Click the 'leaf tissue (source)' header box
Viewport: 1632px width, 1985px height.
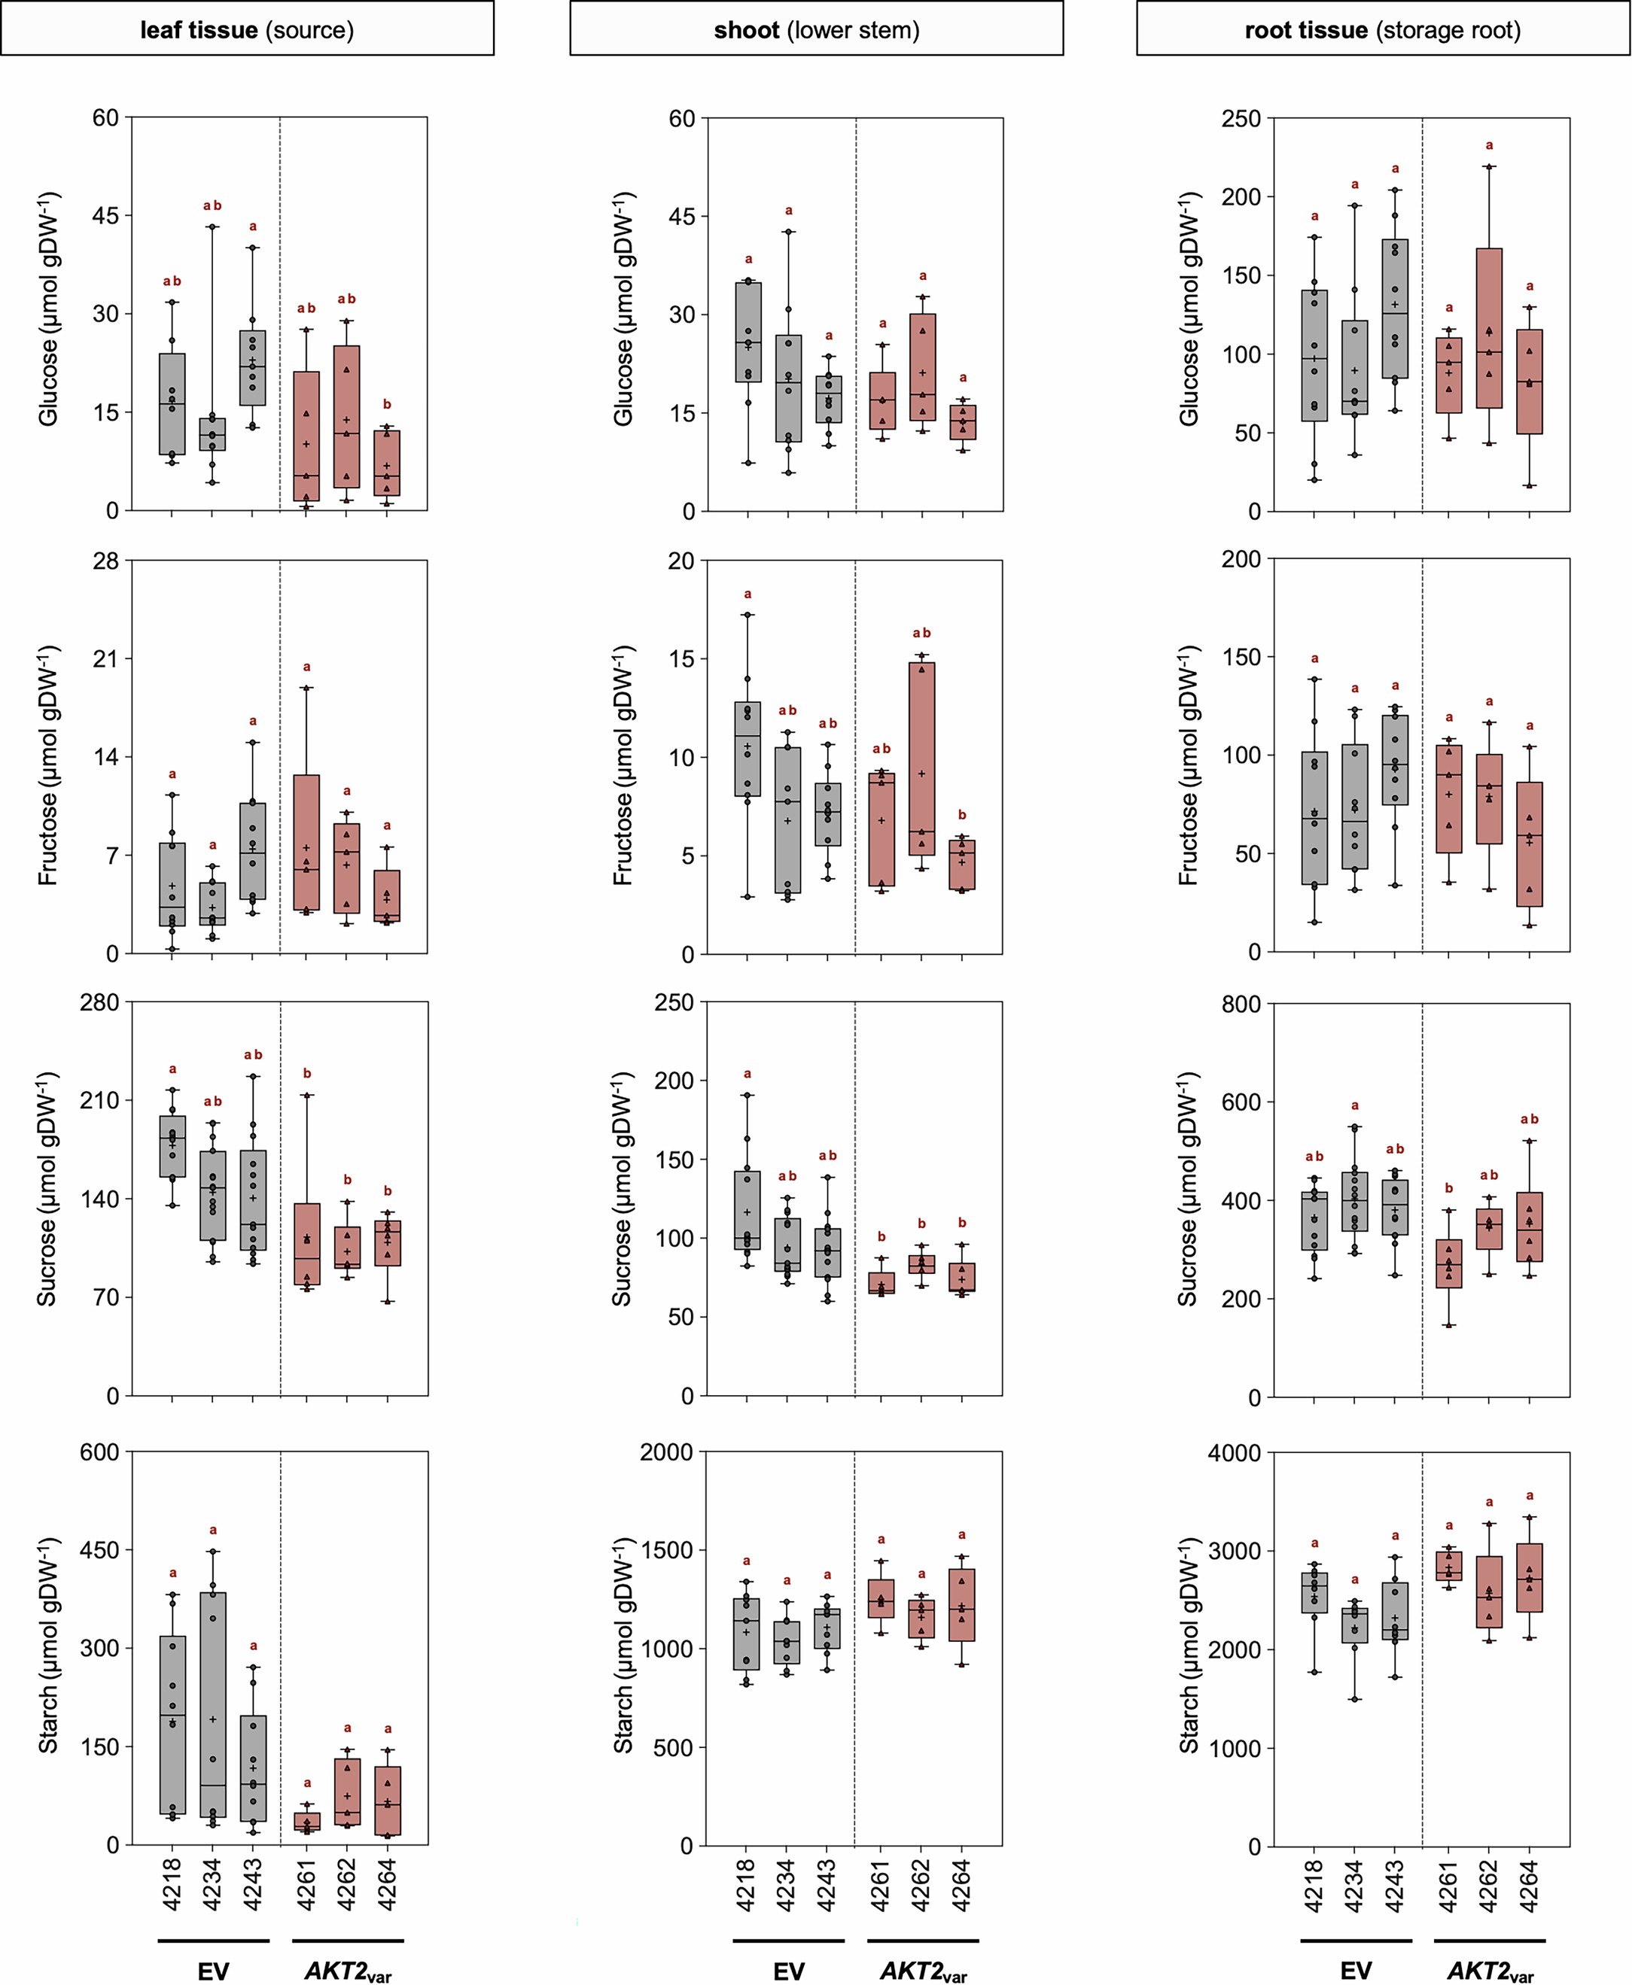point(246,29)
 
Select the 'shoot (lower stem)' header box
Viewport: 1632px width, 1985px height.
point(816,29)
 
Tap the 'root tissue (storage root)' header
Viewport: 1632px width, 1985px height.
point(1382,29)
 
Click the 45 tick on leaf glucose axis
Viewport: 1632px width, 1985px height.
point(105,215)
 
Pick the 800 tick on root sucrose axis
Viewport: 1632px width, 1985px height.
point(1241,1004)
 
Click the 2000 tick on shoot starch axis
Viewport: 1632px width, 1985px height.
point(665,1452)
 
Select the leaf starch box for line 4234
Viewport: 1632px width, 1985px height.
point(212,1704)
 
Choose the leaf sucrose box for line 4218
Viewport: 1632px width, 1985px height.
point(172,1146)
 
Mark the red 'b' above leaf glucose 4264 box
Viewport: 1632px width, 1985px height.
point(388,404)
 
